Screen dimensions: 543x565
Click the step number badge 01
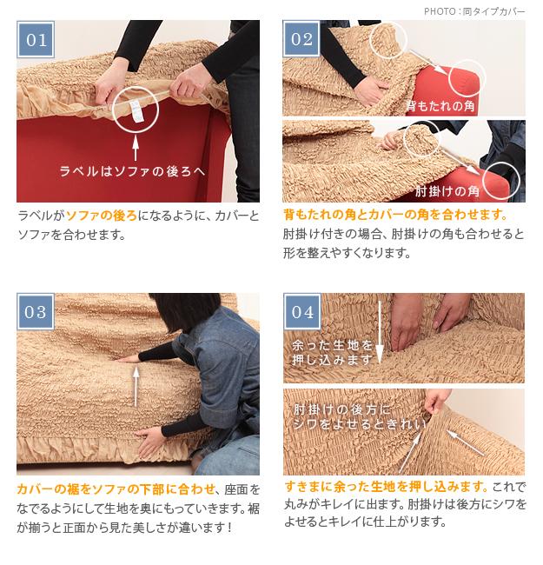coord(36,39)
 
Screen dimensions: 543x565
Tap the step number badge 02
coord(301,39)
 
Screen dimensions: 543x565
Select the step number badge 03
coord(36,312)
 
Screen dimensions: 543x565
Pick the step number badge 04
coord(302,312)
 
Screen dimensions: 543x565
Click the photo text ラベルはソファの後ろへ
coord(133,170)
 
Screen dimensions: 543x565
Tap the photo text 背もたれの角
coord(440,106)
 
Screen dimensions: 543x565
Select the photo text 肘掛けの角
coord(447,191)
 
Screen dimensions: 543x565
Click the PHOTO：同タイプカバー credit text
coord(474,11)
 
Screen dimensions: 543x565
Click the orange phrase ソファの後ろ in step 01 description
coord(102,216)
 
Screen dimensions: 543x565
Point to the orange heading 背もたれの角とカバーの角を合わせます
coord(395,215)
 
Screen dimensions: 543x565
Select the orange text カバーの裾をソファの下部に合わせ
coord(116,489)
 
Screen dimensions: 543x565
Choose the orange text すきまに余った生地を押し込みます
coord(386,487)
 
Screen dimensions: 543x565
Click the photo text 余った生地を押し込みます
coord(332,352)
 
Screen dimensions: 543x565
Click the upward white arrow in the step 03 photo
coord(136,387)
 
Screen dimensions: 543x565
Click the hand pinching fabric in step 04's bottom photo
coord(436,400)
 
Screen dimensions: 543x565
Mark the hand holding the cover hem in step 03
coord(151,442)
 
